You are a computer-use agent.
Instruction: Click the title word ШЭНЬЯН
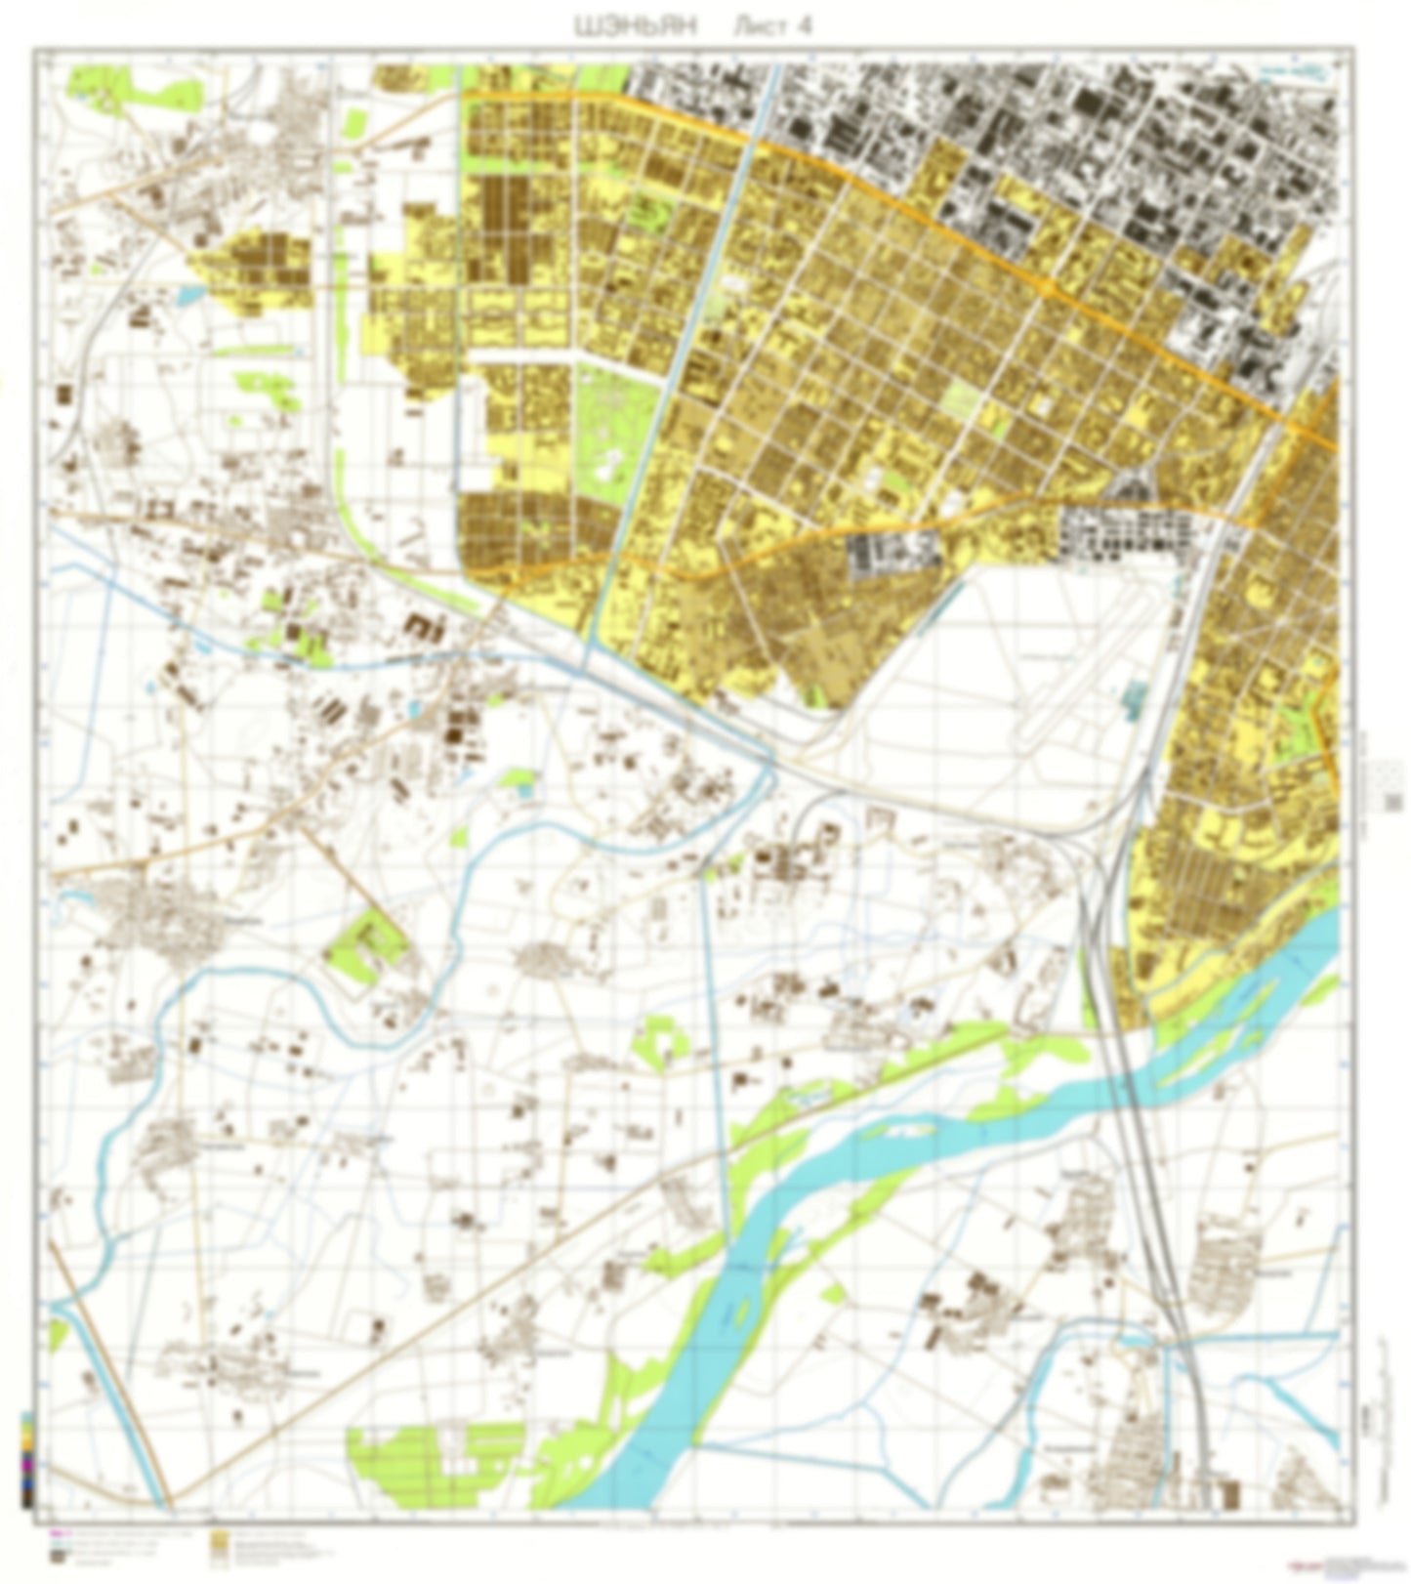(636, 27)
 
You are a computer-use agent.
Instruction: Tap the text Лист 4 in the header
(770, 27)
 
